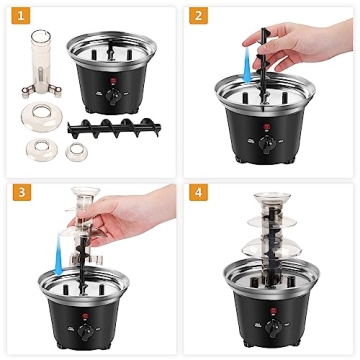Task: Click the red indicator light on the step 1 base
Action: point(113,83)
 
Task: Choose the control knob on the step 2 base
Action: point(268,148)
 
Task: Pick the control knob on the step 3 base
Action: point(86,326)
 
